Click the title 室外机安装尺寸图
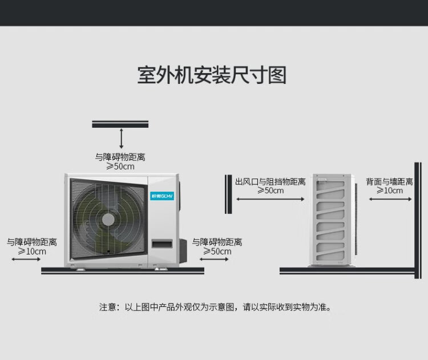point(212,75)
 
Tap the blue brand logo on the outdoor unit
point(162,196)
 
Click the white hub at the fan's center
point(108,220)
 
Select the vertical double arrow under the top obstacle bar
point(122,139)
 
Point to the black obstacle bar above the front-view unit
point(120,124)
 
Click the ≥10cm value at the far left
point(32,252)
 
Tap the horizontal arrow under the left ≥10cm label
point(26,259)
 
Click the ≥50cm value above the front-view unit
point(120,166)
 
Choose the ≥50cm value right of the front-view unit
point(217,252)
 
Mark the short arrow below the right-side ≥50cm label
point(214,259)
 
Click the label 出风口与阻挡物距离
point(270,182)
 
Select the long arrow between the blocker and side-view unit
point(270,199)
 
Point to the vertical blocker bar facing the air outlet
point(228,194)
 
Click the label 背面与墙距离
point(389,182)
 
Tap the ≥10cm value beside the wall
point(390,191)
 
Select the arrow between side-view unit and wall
point(390,199)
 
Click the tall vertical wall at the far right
point(418,221)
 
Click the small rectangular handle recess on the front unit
point(162,244)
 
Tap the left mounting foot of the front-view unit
point(80,269)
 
